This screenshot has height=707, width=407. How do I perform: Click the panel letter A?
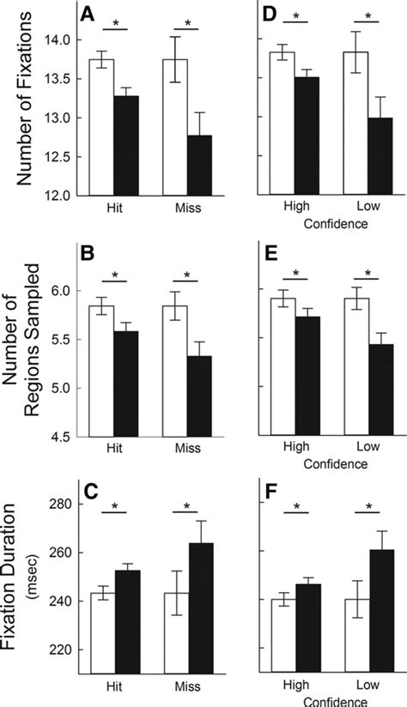pyautogui.click(x=87, y=15)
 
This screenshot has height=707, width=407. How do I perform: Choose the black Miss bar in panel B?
pyautogui.click(x=200, y=396)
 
